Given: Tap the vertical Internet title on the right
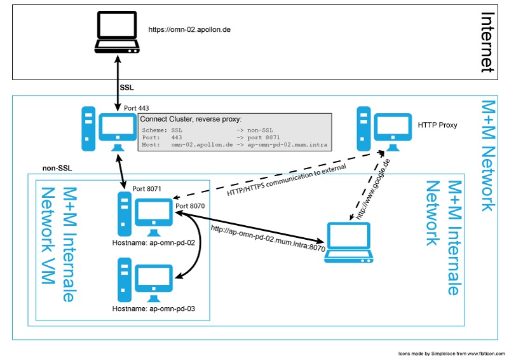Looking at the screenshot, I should point(487,42).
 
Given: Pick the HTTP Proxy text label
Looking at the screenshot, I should point(437,125).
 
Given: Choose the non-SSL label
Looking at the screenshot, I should point(56,169).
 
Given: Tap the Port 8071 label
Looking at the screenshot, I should point(147,188).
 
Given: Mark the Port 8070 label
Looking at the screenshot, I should point(190,206).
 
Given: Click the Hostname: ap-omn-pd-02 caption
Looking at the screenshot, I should point(153,242).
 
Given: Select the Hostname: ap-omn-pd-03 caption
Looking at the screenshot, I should point(153,308).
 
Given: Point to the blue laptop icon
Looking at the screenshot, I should point(349,243).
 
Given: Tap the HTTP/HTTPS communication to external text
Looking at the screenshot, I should point(286,180).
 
